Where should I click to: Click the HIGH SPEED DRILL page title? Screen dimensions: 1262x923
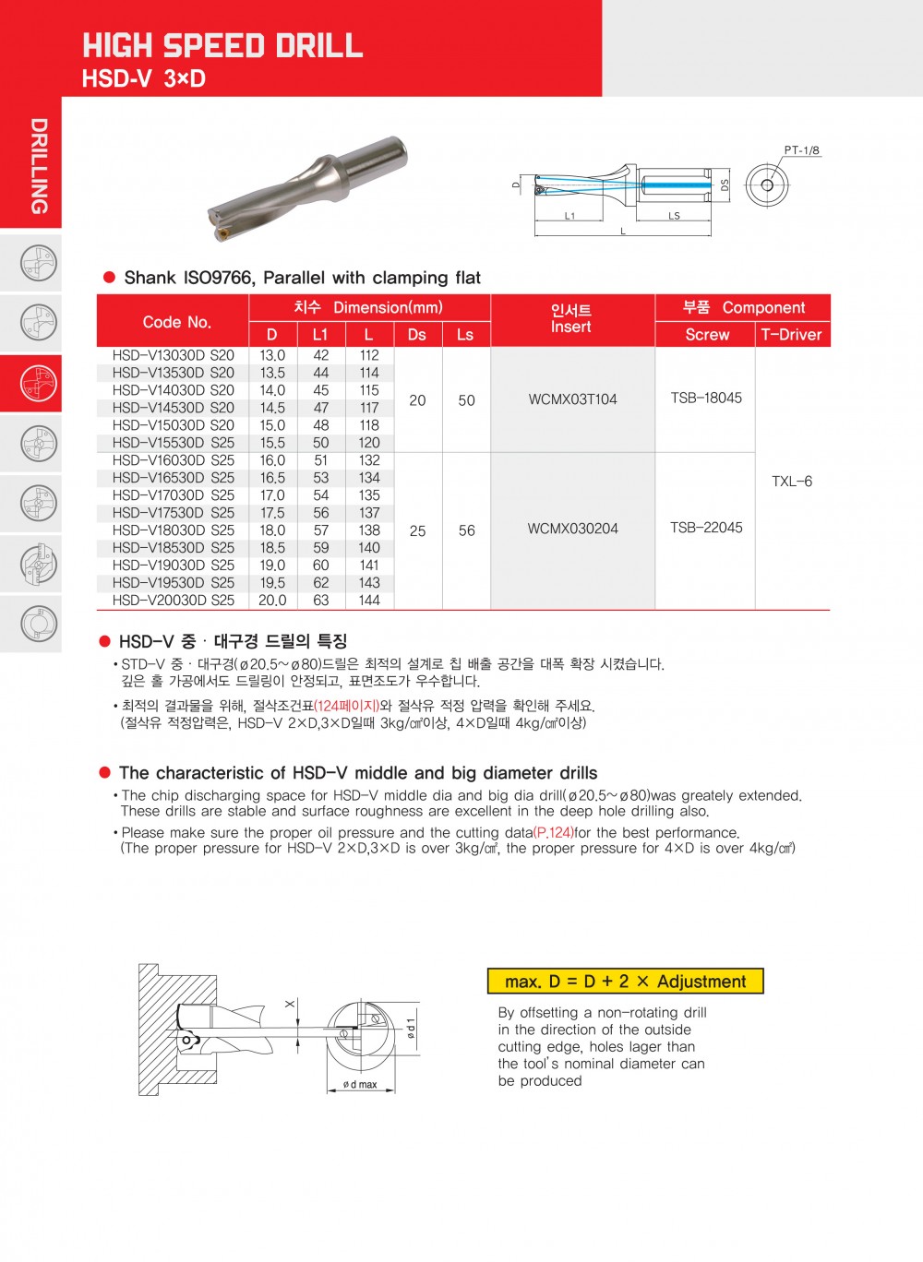pos(222,45)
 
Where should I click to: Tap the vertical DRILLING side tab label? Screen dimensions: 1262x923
pos(39,166)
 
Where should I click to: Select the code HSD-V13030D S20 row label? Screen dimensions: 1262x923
pos(173,355)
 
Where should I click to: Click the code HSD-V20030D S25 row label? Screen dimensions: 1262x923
pos(173,601)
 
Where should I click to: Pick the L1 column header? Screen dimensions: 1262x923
pos(320,335)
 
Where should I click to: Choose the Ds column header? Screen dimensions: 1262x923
pos(417,335)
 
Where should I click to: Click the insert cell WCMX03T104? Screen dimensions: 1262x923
pos(572,399)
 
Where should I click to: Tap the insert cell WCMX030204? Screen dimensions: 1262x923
pos(572,529)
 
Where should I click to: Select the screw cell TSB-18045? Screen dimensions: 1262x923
pos(706,399)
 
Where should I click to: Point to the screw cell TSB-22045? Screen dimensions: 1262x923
pos(706,528)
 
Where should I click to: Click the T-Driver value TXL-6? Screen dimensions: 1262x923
pos(792,482)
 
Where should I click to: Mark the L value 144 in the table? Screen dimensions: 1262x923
pos(369,601)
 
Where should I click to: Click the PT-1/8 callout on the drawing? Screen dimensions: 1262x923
pos(801,150)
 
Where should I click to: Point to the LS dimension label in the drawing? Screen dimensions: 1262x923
pos(675,216)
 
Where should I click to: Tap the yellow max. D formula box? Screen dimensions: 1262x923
pos(625,982)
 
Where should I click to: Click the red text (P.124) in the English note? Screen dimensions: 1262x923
pos(553,832)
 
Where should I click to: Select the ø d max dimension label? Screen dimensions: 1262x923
pos(360,1085)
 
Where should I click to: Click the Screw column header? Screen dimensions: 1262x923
pos(707,335)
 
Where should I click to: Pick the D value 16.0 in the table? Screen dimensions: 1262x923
pos(272,460)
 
